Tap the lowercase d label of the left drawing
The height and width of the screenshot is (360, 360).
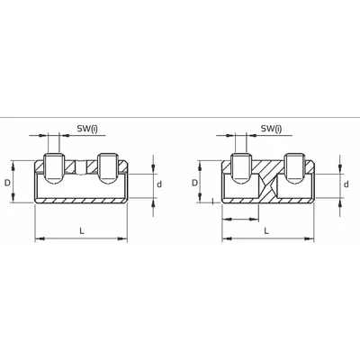click(160, 185)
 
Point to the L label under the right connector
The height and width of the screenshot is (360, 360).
click(265, 231)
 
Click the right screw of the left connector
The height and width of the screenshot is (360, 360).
click(108, 166)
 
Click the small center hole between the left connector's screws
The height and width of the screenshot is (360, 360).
click(82, 166)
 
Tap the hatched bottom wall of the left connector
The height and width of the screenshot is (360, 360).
click(81, 202)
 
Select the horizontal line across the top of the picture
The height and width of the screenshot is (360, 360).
click(180, 115)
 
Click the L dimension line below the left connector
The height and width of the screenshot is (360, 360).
click(81, 240)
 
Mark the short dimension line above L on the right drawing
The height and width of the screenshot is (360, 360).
click(240, 215)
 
